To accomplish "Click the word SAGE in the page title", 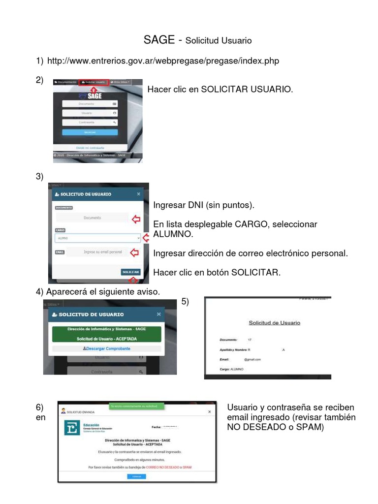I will (158, 40).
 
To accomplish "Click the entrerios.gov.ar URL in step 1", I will (163, 61).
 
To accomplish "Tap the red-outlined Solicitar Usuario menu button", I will (94, 82).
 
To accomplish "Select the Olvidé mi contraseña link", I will (90, 147).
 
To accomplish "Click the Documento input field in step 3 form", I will (92, 218).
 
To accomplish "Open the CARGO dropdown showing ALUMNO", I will (97, 238).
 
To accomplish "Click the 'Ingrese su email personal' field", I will (97, 252).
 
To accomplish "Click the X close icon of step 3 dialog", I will (138, 194).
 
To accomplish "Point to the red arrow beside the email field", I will (134, 252).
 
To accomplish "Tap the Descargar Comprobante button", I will (107, 348).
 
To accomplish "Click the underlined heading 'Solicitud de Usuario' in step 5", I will (274, 323).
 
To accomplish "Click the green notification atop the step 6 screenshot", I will (136, 406).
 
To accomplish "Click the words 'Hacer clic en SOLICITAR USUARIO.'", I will (220, 89).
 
